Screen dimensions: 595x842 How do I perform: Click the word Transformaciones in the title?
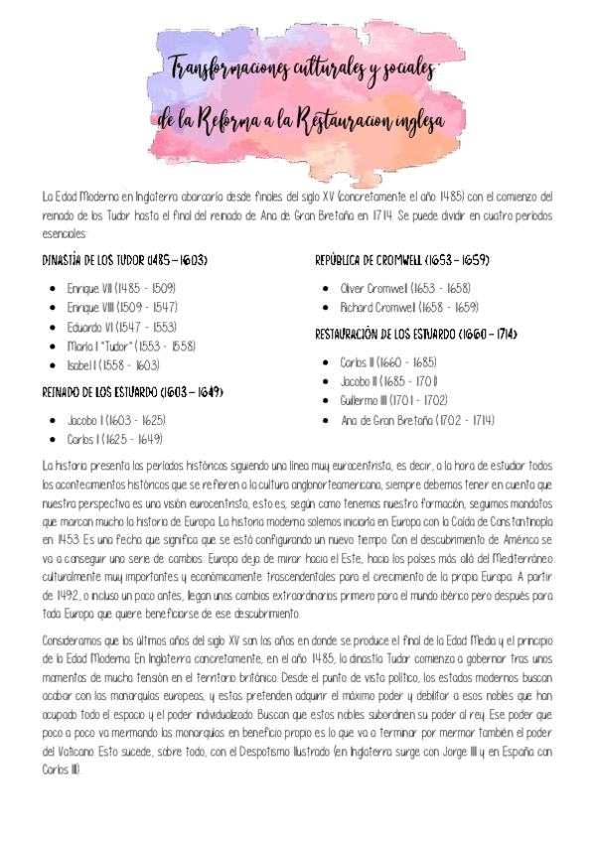click(x=227, y=70)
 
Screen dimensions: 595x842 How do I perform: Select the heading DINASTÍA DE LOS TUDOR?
click(x=124, y=261)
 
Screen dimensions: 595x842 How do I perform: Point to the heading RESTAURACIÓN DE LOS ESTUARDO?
click(x=416, y=334)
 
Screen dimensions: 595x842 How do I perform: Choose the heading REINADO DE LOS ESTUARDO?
click(x=132, y=391)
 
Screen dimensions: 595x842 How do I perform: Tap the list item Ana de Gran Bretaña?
click(x=417, y=420)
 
